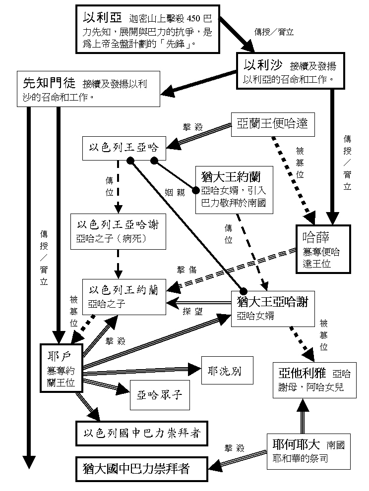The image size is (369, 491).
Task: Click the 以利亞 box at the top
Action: click(x=147, y=29)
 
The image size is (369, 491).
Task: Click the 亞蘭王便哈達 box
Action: click(x=273, y=123)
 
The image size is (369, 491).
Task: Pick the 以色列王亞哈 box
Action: click(x=124, y=147)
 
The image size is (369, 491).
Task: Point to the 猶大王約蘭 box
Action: click(x=234, y=190)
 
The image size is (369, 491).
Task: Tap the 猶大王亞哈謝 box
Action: click(x=272, y=308)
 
